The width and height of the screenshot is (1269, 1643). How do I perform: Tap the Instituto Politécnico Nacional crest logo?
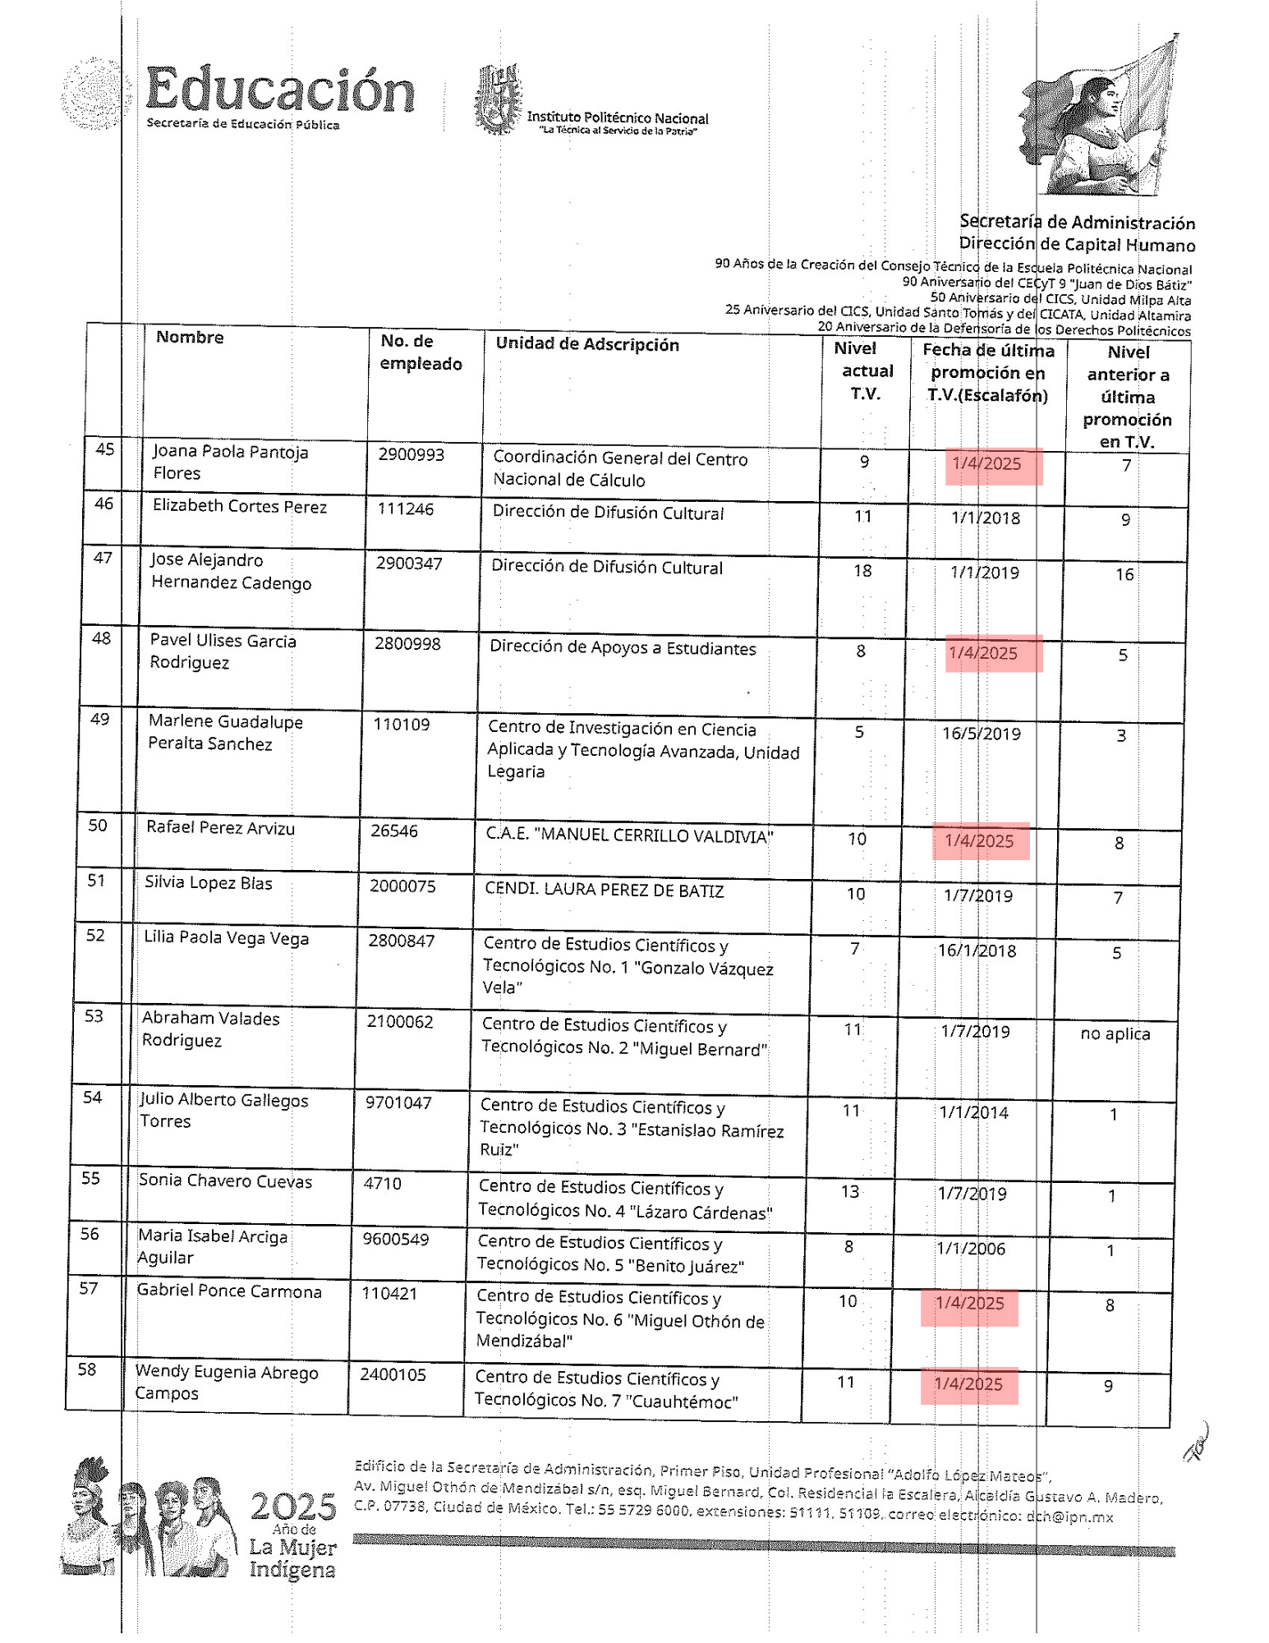click(498, 100)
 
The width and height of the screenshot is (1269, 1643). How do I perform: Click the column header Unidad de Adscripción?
click(587, 344)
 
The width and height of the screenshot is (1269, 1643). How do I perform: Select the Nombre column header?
click(190, 337)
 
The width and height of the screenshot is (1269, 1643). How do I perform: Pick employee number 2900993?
click(412, 454)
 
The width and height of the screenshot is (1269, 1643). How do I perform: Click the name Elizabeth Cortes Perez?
click(240, 506)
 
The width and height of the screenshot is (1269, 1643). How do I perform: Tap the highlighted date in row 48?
click(983, 653)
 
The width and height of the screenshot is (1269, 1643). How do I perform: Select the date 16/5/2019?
click(981, 734)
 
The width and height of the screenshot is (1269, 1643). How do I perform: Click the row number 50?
click(98, 825)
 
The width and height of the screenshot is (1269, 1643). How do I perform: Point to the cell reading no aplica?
click(1115, 1033)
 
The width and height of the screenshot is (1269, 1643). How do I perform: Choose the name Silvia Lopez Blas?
click(209, 883)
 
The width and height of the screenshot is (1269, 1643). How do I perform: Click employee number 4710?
click(383, 1183)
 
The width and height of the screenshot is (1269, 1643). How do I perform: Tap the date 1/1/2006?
click(971, 1249)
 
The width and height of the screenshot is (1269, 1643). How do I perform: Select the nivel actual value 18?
click(862, 570)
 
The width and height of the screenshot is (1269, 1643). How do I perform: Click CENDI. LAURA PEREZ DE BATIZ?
click(605, 891)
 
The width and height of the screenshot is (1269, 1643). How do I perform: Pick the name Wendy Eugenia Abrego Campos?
click(226, 1383)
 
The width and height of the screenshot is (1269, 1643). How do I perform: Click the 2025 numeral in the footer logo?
click(293, 1507)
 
